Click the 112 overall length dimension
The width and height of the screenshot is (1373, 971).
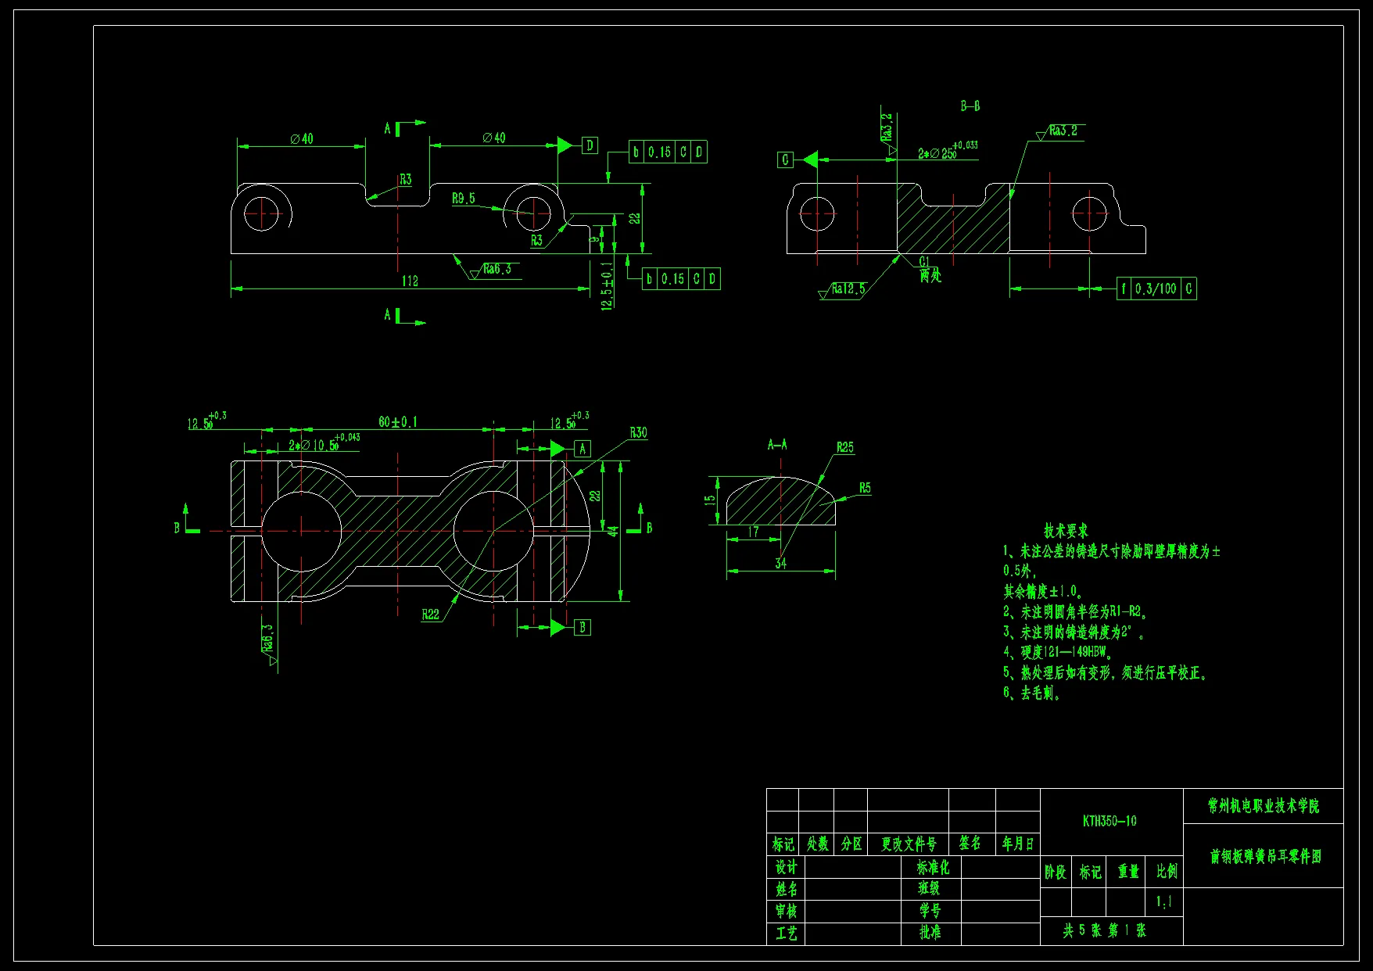pos(410,281)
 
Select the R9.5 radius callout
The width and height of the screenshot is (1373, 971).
pos(463,199)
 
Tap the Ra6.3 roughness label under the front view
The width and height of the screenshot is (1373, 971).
pos(497,269)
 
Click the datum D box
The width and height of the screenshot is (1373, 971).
pos(590,145)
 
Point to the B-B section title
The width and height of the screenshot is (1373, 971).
pos(970,106)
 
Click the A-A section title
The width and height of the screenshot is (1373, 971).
pos(777,445)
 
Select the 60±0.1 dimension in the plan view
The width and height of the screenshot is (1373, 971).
pos(398,422)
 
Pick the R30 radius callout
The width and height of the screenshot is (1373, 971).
pos(638,433)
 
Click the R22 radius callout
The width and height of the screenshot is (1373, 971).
pos(430,614)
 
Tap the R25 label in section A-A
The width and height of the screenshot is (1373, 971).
pos(844,448)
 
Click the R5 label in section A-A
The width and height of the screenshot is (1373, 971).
pos(864,488)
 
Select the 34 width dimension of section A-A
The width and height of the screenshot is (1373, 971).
pos(780,563)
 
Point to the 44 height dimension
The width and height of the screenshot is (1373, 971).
pos(614,531)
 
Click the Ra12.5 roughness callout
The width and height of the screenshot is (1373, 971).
pos(848,289)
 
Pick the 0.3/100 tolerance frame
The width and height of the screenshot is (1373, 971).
pos(1156,288)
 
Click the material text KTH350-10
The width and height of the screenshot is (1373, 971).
pos(1110,821)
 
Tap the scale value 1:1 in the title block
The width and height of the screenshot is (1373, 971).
pos(1164,902)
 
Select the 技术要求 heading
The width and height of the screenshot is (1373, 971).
pos(1065,531)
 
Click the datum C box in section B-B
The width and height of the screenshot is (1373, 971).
pos(785,160)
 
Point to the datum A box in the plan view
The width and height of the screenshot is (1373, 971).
pos(582,449)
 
